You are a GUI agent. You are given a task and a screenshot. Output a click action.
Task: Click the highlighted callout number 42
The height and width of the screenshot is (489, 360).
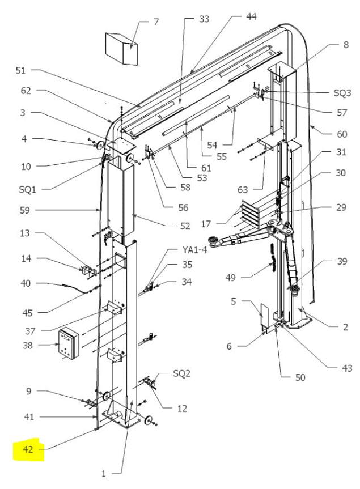pos(28,450)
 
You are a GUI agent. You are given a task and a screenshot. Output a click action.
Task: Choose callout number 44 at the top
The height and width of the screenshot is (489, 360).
pos(251,18)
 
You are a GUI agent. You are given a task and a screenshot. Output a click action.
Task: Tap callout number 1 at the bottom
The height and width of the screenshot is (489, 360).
pos(104,473)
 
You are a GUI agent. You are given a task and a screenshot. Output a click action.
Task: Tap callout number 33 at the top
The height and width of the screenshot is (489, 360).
pos(204,19)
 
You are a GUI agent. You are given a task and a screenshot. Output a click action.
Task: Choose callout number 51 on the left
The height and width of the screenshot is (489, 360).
pos(21,71)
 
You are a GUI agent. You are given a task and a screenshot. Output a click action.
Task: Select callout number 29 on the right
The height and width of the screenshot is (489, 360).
pos(341,208)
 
